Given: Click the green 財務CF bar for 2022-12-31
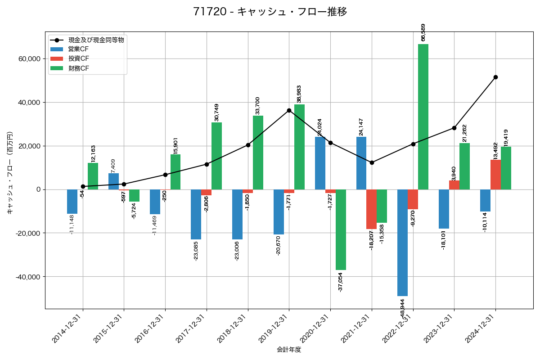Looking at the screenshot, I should (423, 117).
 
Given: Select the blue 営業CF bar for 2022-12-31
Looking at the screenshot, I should (402, 243).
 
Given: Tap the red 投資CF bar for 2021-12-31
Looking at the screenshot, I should (371, 209).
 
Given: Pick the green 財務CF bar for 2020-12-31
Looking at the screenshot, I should (341, 229).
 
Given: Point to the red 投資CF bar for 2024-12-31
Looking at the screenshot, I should (495, 175).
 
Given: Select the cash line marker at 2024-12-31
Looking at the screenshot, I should (495, 77).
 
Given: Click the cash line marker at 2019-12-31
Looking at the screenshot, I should (289, 110).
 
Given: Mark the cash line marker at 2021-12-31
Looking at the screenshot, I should (372, 162).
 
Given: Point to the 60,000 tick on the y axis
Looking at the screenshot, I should (29, 59).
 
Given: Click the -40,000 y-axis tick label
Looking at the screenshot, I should (27, 277).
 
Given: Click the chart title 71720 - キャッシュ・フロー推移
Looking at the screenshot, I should (270, 12).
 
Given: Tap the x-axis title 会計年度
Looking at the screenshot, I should (289, 350).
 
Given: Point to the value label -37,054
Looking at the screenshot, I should (341, 282).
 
